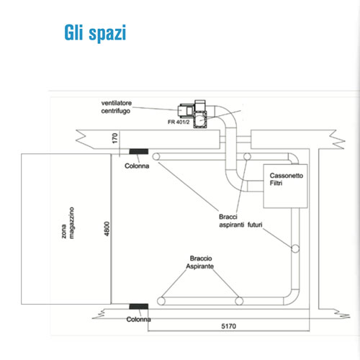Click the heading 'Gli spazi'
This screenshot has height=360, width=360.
pyautogui.click(x=95, y=33)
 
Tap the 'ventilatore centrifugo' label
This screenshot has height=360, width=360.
pyautogui.click(x=117, y=107)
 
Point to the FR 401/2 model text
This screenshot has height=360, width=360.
pyautogui.click(x=179, y=122)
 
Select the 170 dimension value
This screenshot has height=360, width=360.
pyautogui.click(x=115, y=138)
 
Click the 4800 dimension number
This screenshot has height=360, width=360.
pyautogui.click(x=107, y=228)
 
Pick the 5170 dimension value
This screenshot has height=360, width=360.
pyautogui.click(x=228, y=326)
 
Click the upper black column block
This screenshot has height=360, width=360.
pyautogui.click(x=139, y=151)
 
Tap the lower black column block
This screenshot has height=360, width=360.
pyautogui.click(x=139, y=306)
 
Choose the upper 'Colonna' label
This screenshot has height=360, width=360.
pyautogui.click(x=137, y=166)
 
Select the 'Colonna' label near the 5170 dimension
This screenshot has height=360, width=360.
pyautogui.click(x=139, y=320)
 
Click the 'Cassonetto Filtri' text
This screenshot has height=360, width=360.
pyautogui.click(x=287, y=179)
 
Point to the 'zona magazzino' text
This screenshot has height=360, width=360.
pyautogui.click(x=68, y=223)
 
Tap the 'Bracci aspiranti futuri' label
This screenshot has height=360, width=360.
pyautogui.click(x=240, y=221)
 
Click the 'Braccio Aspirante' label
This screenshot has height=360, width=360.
pyautogui.click(x=200, y=262)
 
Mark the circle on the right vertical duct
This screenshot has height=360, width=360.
pyautogui.click(x=295, y=248)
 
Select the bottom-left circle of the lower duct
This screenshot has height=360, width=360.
pyautogui.click(x=161, y=301)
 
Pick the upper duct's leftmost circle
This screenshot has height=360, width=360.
pyautogui.click(x=156, y=157)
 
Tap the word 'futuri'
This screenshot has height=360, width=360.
pyautogui.click(x=255, y=225)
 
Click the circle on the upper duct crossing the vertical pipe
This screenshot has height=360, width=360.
pyautogui.click(x=247, y=157)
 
